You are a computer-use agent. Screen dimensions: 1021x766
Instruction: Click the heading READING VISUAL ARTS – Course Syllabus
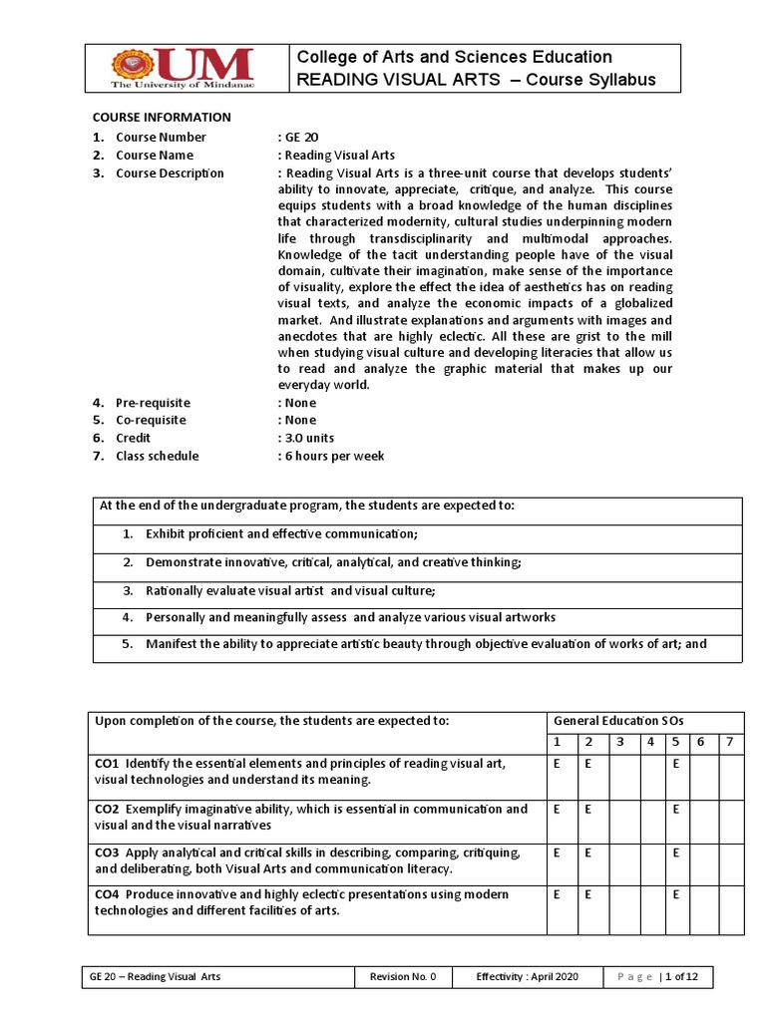(477, 80)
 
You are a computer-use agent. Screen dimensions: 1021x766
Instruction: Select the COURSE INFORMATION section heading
(162, 117)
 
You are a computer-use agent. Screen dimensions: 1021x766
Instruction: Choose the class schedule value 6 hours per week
(333, 456)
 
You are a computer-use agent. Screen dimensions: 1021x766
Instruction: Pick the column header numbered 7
(729, 742)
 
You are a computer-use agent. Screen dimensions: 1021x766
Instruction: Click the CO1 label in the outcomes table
(108, 764)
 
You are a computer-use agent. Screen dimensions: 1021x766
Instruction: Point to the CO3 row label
(108, 852)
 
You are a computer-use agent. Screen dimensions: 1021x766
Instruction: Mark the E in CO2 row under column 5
(675, 809)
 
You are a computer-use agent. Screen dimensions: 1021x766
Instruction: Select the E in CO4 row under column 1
(557, 895)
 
